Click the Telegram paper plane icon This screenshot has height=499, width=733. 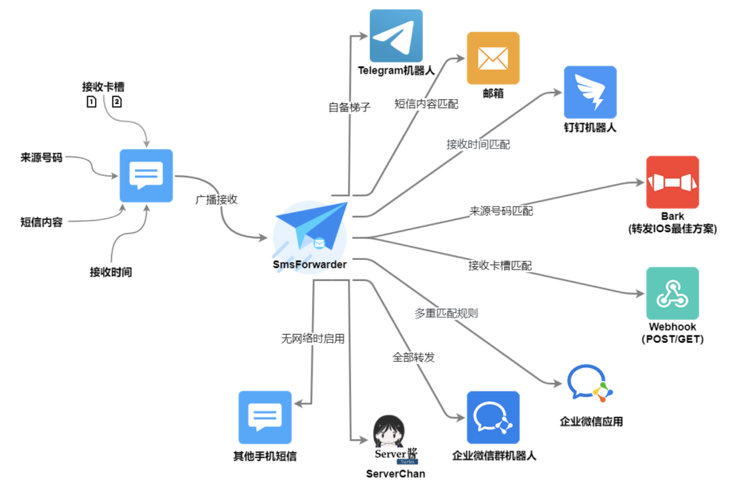pos(396,35)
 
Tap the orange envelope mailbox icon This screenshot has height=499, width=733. pos(493,58)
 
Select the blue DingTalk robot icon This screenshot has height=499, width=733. pos(590,92)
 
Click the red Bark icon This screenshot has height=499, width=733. pos(672,183)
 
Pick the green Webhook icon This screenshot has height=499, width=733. pos(672,293)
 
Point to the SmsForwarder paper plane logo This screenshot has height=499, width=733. pos(312,228)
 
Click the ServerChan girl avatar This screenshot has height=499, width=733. pos(390,430)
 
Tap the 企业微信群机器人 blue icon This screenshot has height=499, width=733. pos(493,418)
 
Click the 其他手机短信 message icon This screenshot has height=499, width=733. pos(265,418)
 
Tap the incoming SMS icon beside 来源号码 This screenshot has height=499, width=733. pos(146,176)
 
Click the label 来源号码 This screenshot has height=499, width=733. pos(41,158)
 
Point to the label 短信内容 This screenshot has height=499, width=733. pos(41,221)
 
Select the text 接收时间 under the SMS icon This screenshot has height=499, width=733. pos(111,272)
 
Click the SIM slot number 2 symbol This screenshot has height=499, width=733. pos(117,102)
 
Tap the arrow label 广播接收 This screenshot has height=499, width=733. pos(216,200)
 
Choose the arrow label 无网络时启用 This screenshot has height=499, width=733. pos(313,337)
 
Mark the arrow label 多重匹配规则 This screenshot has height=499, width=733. pos(446,313)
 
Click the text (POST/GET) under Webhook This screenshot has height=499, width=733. pos(672,339)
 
